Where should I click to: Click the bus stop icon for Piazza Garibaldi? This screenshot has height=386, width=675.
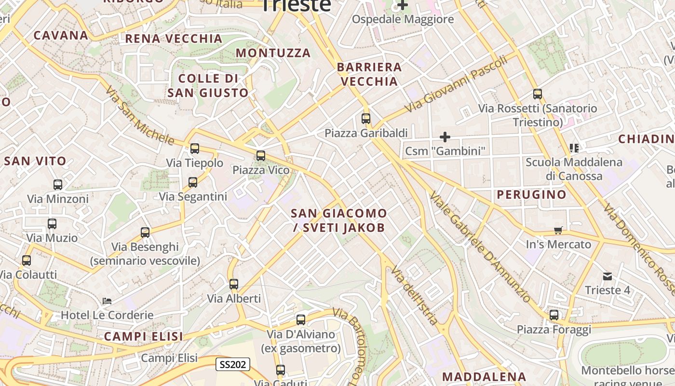pos(366,118)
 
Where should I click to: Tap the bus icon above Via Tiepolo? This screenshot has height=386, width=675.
pos(195,149)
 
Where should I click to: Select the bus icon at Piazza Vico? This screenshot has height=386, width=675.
pos(261,155)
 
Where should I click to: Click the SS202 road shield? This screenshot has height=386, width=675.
pos(232,364)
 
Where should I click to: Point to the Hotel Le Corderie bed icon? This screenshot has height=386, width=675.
pos(107,301)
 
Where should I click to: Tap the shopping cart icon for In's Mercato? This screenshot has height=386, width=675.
pos(558,230)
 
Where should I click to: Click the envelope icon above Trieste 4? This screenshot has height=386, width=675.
pos(607,276)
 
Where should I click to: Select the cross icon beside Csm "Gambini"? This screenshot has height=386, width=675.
pos(445,137)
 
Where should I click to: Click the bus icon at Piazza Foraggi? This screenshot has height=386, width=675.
pos(554,315)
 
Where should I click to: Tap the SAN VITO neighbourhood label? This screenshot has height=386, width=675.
pos(35,162)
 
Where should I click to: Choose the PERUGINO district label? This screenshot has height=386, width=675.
pos(531,194)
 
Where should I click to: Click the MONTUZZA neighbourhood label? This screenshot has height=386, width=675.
pos(273,53)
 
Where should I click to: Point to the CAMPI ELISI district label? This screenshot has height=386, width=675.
pos(143,336)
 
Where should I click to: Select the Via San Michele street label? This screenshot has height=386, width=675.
pos(140,116)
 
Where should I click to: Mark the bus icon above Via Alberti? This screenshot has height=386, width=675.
pos(234,284)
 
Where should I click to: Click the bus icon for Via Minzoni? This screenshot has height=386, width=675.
pos(58,184)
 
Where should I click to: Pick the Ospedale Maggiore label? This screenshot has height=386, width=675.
pos(403,19)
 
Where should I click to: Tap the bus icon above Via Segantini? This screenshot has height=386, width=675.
pos(193,182)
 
